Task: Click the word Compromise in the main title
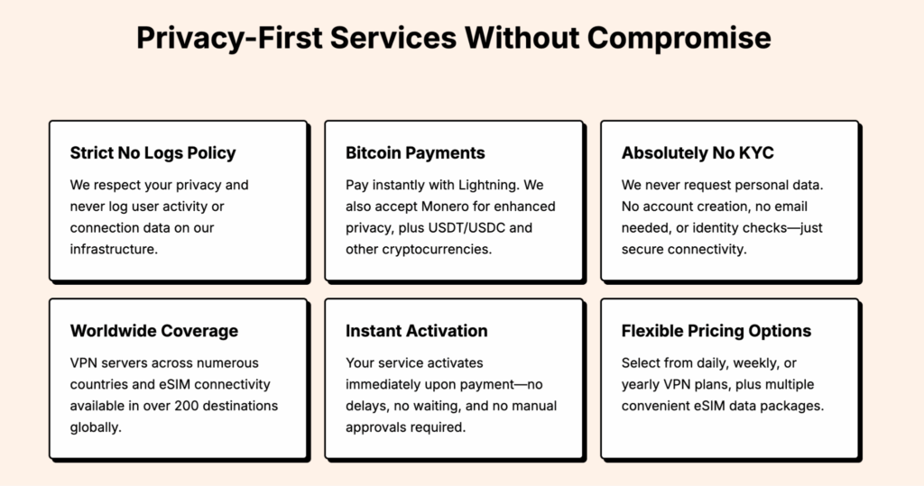pos(679,38)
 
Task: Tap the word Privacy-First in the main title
pos(229,38)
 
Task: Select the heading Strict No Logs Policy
pos(152,153)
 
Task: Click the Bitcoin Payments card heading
pos(415,153)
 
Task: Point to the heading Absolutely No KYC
pos(698,153)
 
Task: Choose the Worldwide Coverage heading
pos(154,331)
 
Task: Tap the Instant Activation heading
pos(417,331)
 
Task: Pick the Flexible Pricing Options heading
pos(716,331)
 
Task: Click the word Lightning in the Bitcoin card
pos(488,186)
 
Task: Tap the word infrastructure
pos(114,249)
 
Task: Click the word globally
pos(96,427)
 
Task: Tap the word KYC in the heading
pos(756,153)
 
